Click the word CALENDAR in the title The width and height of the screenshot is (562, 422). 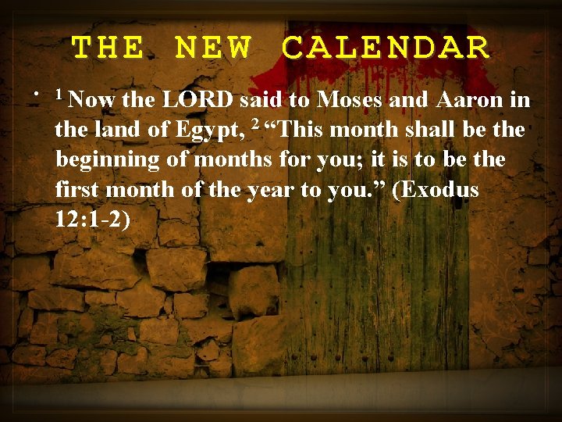[x=386, y=48]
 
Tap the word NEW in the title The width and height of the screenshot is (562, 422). [x=213, y=48]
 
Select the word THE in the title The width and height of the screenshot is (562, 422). [x=108, y=48]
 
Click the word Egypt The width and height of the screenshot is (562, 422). [x=212, y=131]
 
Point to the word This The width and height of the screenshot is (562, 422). [x=297, y=130]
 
